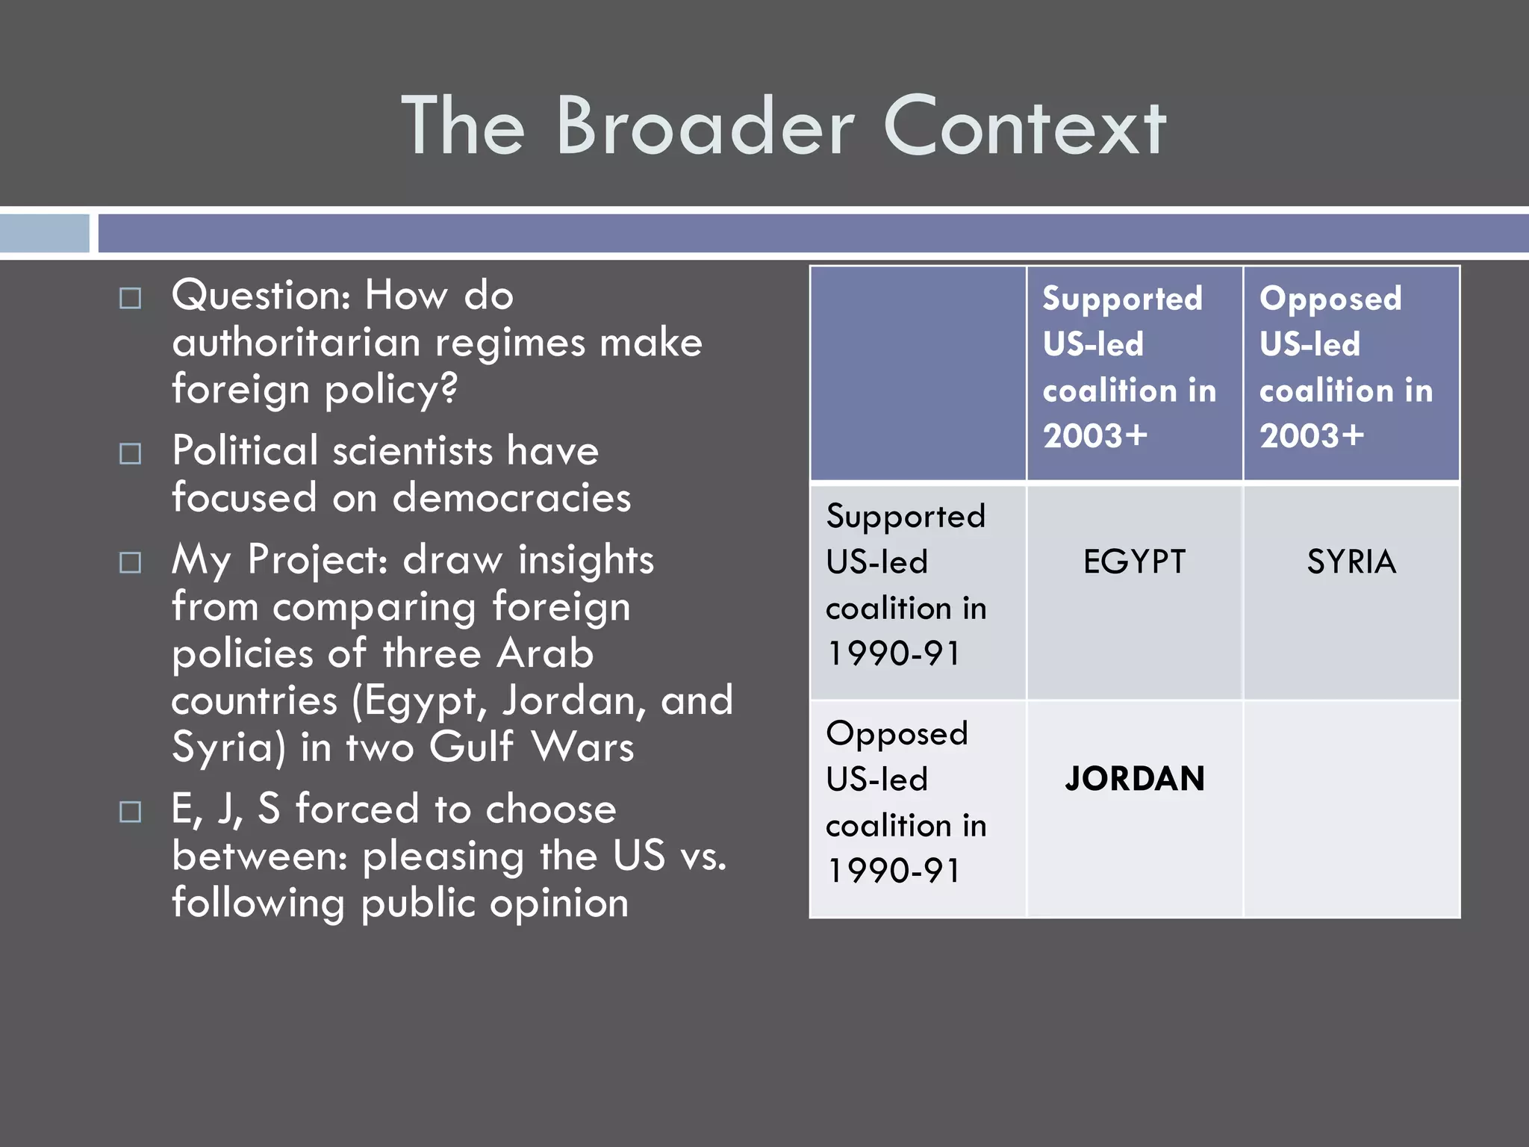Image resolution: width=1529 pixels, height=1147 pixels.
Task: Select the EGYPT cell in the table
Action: click(1134, 562)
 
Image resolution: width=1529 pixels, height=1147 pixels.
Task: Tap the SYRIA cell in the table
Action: click(1351, 562)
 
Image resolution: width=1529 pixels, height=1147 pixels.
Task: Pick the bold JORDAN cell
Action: click(1134, 779)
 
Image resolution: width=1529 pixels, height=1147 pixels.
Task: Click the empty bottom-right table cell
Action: click(1351, 809)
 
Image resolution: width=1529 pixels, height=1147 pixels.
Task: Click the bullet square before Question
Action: click(131, 299)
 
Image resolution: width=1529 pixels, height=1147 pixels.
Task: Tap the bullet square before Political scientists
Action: click(131, 454)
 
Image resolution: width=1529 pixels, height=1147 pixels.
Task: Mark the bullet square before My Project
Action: click(131, 562)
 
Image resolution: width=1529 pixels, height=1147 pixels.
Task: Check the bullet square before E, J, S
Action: click(131, 812)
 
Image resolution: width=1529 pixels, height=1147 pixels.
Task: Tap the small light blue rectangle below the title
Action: click(44, 233)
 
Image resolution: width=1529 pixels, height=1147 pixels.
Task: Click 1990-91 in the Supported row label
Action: click(894, 653)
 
